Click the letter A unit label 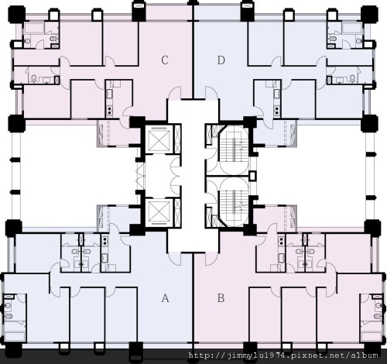click(x=165, y=298)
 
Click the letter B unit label click(x=221, y=298)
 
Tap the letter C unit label click(x=165, y=60)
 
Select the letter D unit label click(x=221, y=60)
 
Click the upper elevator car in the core click(x=159, y=140)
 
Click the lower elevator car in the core click(x=159, y=212)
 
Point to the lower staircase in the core click(x=234, y=202)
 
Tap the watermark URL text click(x=283, y=355)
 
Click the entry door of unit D click(x=211, y=92)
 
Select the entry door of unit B click(x=211, y=259)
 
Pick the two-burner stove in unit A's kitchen click(x=104, y=242)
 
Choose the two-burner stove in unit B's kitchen click(x=281, y=242)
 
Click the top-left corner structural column click(x=17, y=14)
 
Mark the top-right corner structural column click(x=369, y=14)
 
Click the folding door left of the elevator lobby click(x=141, y=176)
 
